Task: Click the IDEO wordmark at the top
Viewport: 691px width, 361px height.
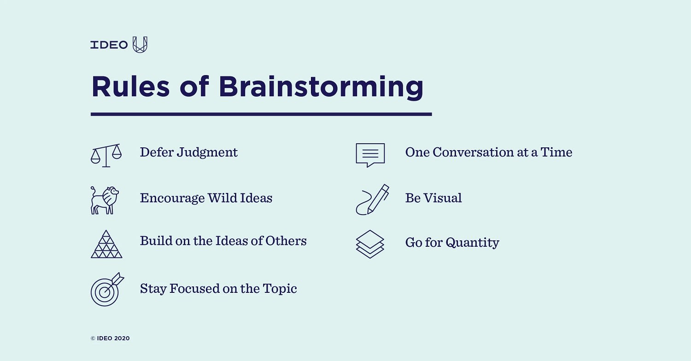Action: click(109, 45)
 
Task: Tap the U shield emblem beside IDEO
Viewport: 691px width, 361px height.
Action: click(140, 45)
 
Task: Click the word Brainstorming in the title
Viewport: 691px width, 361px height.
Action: click(321, 87)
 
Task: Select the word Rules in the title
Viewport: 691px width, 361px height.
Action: click(130, 87)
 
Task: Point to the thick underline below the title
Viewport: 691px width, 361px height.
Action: click(261, 114)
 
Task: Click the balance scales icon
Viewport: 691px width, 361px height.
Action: click(106, 155)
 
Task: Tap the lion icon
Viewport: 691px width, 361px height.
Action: click(105, 200)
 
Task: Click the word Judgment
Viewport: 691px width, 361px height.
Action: click(207, 152)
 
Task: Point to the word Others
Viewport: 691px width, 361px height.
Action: click(286, 241)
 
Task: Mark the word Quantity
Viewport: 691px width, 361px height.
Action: click(472, 243)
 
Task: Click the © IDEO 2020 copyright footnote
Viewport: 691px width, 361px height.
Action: click(110, 338)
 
